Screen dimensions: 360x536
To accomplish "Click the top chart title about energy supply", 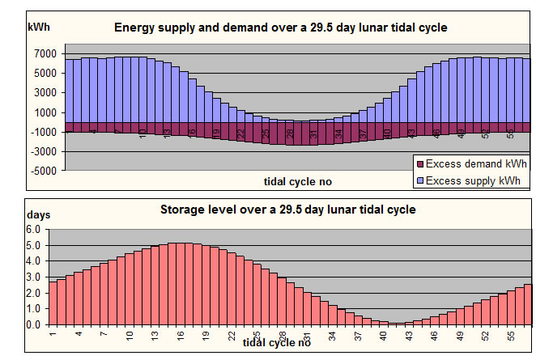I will [x=280, y=28].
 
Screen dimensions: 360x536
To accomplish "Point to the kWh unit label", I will [x=39, y=27].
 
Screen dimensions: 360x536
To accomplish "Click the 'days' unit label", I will [x=39, y=215].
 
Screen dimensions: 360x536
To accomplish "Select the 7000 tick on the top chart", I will [x=45, y=54].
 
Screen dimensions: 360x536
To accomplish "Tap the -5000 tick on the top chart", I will [x=43, y=171].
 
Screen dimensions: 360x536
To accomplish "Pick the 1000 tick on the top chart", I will [x=45, y=112].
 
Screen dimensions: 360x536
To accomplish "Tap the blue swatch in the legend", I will [x=419, y=180].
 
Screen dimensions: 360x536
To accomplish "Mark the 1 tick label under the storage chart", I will [x=53, y=332].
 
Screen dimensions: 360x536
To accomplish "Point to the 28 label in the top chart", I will [x=290, y=131].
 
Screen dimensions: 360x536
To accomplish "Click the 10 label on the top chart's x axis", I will [x=143, y=131].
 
